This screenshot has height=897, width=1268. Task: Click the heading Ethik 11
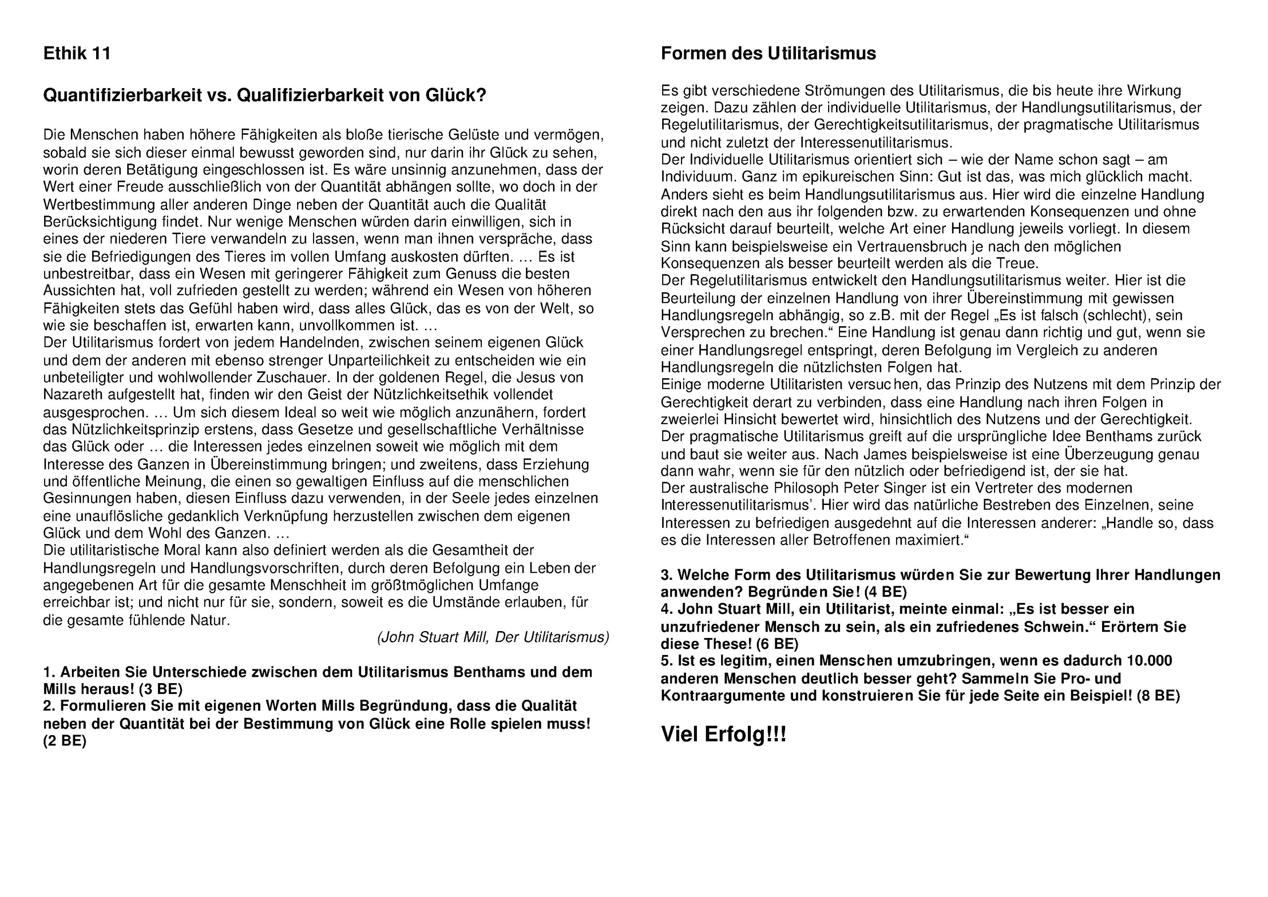[x=77, y=53]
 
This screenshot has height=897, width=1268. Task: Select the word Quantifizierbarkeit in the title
[x=123, y=96]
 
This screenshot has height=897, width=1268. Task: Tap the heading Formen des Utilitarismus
[x=768, y=53]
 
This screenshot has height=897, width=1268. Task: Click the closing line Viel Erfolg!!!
[x=723, y=735]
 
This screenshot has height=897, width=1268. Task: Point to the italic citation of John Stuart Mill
[x=493, y=638]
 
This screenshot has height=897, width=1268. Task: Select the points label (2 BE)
[x=65, y=741]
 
